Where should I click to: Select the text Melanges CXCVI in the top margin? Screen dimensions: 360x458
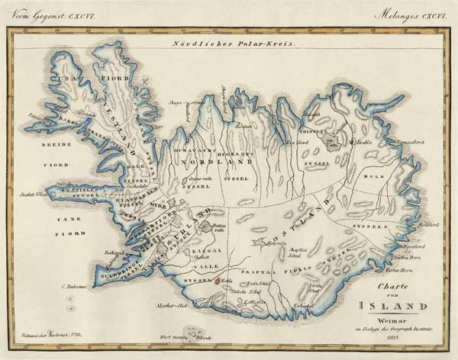[409, 14]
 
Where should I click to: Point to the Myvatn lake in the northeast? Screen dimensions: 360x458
[330, 142]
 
